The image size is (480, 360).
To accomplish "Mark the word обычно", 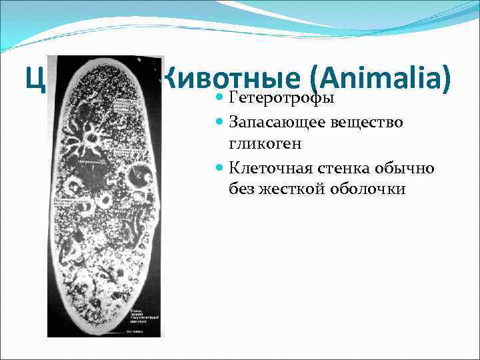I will click(407, 167).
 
